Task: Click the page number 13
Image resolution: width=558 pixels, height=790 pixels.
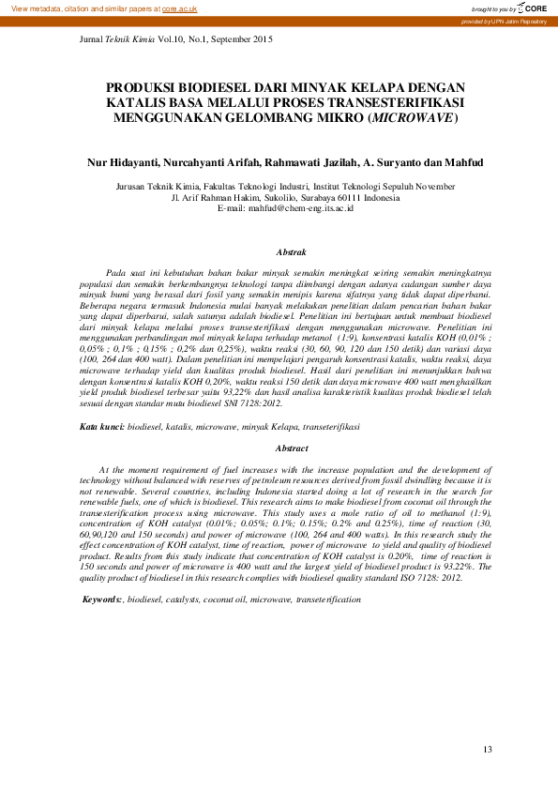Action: (487, 749)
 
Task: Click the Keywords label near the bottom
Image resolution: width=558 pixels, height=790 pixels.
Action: (103, 598)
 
